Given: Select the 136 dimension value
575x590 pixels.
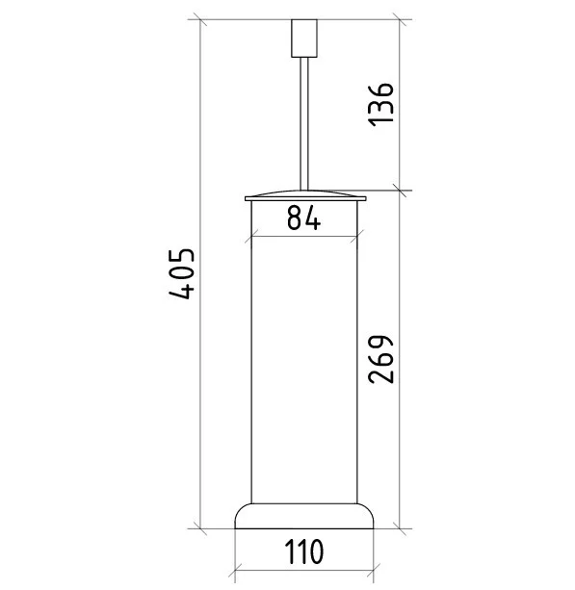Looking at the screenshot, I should pyautogui.click(x=381, y=103).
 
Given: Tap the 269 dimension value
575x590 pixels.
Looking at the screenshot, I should pyautogui.click(x=381, y=358).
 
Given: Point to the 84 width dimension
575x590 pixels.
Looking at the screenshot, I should pyautogui.click(x=303, y=219).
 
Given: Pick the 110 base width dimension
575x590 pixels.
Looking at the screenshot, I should pyautogui.click(x=303, y=553).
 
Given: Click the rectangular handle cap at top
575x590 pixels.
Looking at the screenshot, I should pyautogui.click(x=303, y=38).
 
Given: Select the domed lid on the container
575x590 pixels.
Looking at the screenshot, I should pyautogui.click(x=303, y=194).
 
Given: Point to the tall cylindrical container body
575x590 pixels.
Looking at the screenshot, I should pyautogui.click(x=303, y=366).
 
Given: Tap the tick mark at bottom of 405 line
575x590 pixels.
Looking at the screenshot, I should pyautogui.click(x=201, y=528).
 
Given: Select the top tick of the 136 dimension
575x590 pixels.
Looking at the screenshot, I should pyautogui.click(x=400, y=20).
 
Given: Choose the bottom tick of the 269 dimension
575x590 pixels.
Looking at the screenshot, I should pyautogui.click(x=400, y=528).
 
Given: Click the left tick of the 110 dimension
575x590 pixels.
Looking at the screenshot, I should pyautogui.click(x=236, y=571).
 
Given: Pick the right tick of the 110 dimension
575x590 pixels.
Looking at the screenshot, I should pyautogui.click(x=372, y=571).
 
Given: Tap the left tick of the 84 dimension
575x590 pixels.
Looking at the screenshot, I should pyautogui.click(x=251, y=235).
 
